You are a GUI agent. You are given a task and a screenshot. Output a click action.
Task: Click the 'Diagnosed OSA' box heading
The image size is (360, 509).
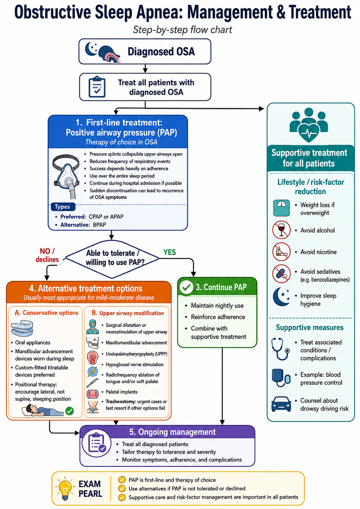point(161,51)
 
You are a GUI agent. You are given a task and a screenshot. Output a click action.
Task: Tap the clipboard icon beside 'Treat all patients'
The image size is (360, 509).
point(97,87)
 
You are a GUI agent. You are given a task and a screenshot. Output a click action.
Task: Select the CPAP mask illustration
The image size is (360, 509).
point(66,176)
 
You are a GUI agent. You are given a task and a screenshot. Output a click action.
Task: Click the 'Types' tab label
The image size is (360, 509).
point(62,207)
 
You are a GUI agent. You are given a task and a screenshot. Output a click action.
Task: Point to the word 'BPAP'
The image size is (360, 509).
point(100,225)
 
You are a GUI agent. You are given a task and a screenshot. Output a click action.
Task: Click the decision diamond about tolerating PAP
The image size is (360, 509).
point(112,259)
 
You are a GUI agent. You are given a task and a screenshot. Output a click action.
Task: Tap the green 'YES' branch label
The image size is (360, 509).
point(170,252)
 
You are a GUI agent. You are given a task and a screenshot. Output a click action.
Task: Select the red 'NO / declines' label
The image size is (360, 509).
point(47,255)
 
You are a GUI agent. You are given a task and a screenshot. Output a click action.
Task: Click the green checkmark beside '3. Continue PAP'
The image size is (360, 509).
point(186,287)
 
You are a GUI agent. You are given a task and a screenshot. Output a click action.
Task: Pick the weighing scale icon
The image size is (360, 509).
point(282,208)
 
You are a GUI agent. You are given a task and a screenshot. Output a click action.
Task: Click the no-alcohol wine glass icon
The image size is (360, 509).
point(282,230)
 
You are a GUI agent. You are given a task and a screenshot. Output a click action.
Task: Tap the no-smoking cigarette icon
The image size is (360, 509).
point(282,252)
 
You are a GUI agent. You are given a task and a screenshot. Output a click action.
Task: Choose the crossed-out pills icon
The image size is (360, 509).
point(282,273)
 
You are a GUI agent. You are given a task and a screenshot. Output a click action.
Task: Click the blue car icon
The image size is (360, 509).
point(281,404)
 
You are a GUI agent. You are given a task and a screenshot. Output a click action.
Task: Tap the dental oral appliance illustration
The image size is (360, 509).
point(22,328)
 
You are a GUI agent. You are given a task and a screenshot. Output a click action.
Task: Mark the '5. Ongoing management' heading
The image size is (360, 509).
point(172,432)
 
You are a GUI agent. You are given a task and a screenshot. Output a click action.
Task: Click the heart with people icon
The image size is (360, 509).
point(309,125)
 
